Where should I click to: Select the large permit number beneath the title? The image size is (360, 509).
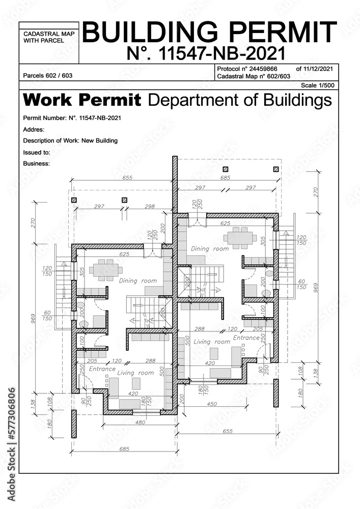[x=206, y=53]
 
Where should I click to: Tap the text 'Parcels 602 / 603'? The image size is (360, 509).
[x=48, y=75]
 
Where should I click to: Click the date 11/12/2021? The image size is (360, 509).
[x=318, y=68]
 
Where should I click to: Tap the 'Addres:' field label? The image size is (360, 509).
[x=34, y=130]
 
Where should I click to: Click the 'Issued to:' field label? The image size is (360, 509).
[x=37, y=152]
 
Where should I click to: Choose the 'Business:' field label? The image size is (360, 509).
[x=37, y=163]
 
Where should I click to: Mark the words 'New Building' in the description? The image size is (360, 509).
[x=100, y=140]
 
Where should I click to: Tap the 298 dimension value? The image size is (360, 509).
[x=149, y=207]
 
